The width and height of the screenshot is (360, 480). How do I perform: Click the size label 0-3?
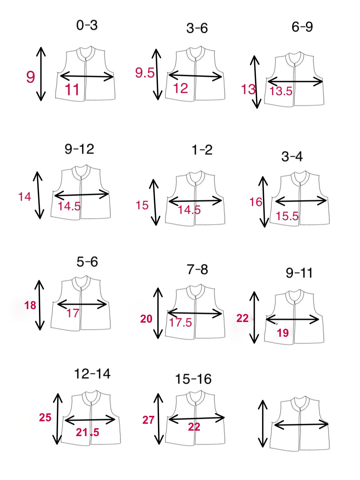pyautogui.click(x=87, y=25)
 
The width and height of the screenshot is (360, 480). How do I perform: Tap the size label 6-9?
pyautogui.click(x=302, y=27)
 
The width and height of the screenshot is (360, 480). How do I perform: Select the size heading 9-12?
pyautogui.click(x=79, y=149)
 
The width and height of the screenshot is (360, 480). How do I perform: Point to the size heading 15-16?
pyautogui.click(x=194, y=379)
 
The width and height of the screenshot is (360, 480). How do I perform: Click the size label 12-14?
pyautogui.click(x=92, y=374)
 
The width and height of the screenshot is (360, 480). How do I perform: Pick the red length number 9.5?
pyautogui.click(x=145, y=73)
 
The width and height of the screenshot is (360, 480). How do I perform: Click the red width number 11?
pyautogui.click(x=72, y=90)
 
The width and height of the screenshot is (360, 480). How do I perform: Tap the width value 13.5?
pyautogui.click(x=281, y=91)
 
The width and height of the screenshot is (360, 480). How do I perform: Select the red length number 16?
pyautogui.click(x=256, y=202)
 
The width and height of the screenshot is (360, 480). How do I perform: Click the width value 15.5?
pyautogui.click(x=287, y=216)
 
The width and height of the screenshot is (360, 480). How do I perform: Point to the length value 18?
pyautogui.click(x=30, y=305)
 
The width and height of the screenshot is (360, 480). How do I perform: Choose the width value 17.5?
pyautogui.click(x=181, y=323)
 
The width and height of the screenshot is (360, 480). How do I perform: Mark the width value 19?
pyautogui.click(x=283, y=333)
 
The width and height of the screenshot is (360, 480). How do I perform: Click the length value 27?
pyautogui.click(x=148, y=420)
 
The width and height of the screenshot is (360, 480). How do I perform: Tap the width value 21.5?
pyautogui.click(x=87, y=432)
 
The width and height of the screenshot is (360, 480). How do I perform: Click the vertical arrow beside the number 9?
pyautogui.click(x=41, y=74)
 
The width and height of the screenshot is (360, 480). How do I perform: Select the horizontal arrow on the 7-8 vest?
pyautogui.click(x=194, y=314)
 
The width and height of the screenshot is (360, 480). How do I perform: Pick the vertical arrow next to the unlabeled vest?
pyautogui.click(x=263, y=423)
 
